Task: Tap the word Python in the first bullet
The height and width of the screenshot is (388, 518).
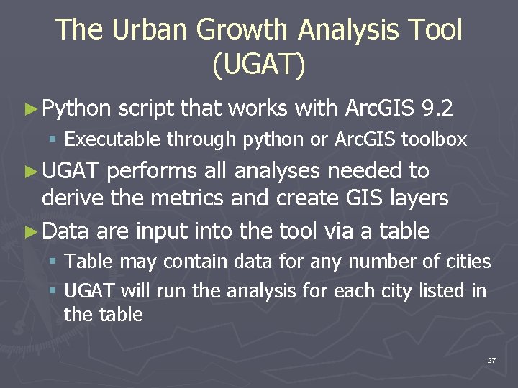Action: point(77,108)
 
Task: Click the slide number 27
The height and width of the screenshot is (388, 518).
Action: point(491,360)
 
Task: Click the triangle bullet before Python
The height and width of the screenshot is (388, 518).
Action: point(29,109)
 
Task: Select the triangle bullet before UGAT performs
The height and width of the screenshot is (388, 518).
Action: point(29,172)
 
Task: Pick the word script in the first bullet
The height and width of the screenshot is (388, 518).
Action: point(146,108)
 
